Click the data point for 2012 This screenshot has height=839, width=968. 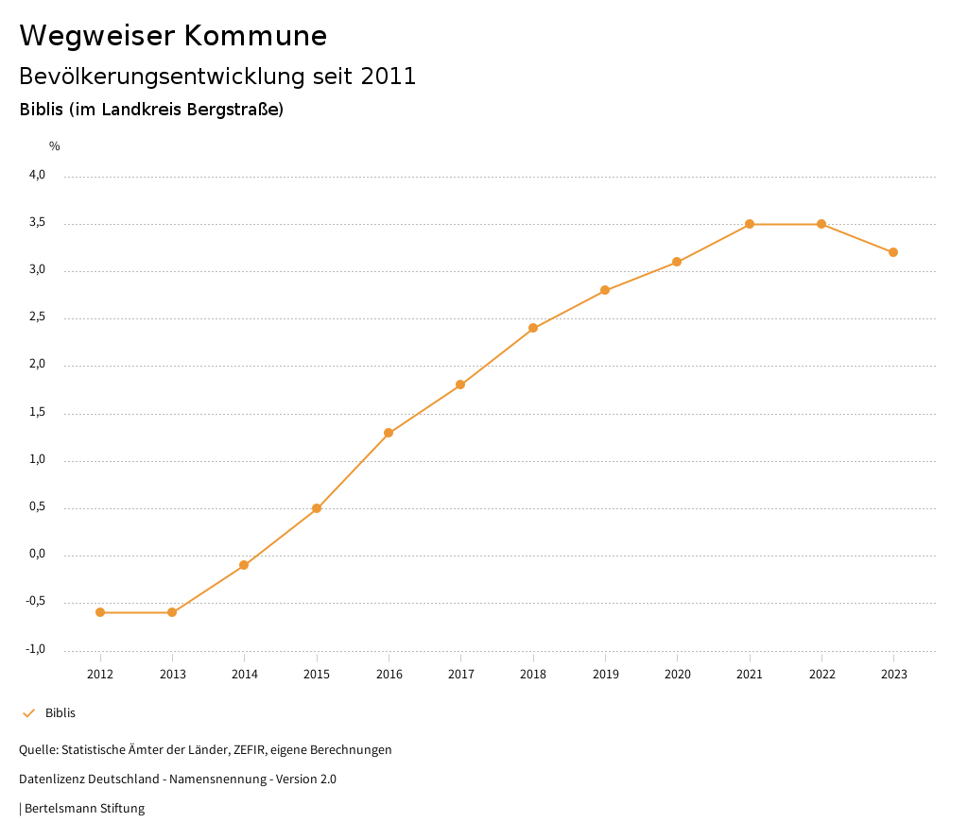(x=100, y=612)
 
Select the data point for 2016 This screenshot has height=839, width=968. (x=389, y=433)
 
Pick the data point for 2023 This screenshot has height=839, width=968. (x=893, y=252)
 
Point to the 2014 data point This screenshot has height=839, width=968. (x=244, y=565)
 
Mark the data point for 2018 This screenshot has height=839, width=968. (x=533, y=328)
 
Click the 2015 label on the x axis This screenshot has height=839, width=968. (x=317, y=674)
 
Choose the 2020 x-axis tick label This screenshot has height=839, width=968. (x=677, y=674)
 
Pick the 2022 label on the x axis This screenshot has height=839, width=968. (x=821, y=674)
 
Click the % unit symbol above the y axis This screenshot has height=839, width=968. (x=55, y=146)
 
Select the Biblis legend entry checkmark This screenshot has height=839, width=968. (x=28, y=713)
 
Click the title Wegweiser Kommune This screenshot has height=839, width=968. (x=173, y=36)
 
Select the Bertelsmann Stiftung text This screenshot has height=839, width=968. (x=84, y=809)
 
